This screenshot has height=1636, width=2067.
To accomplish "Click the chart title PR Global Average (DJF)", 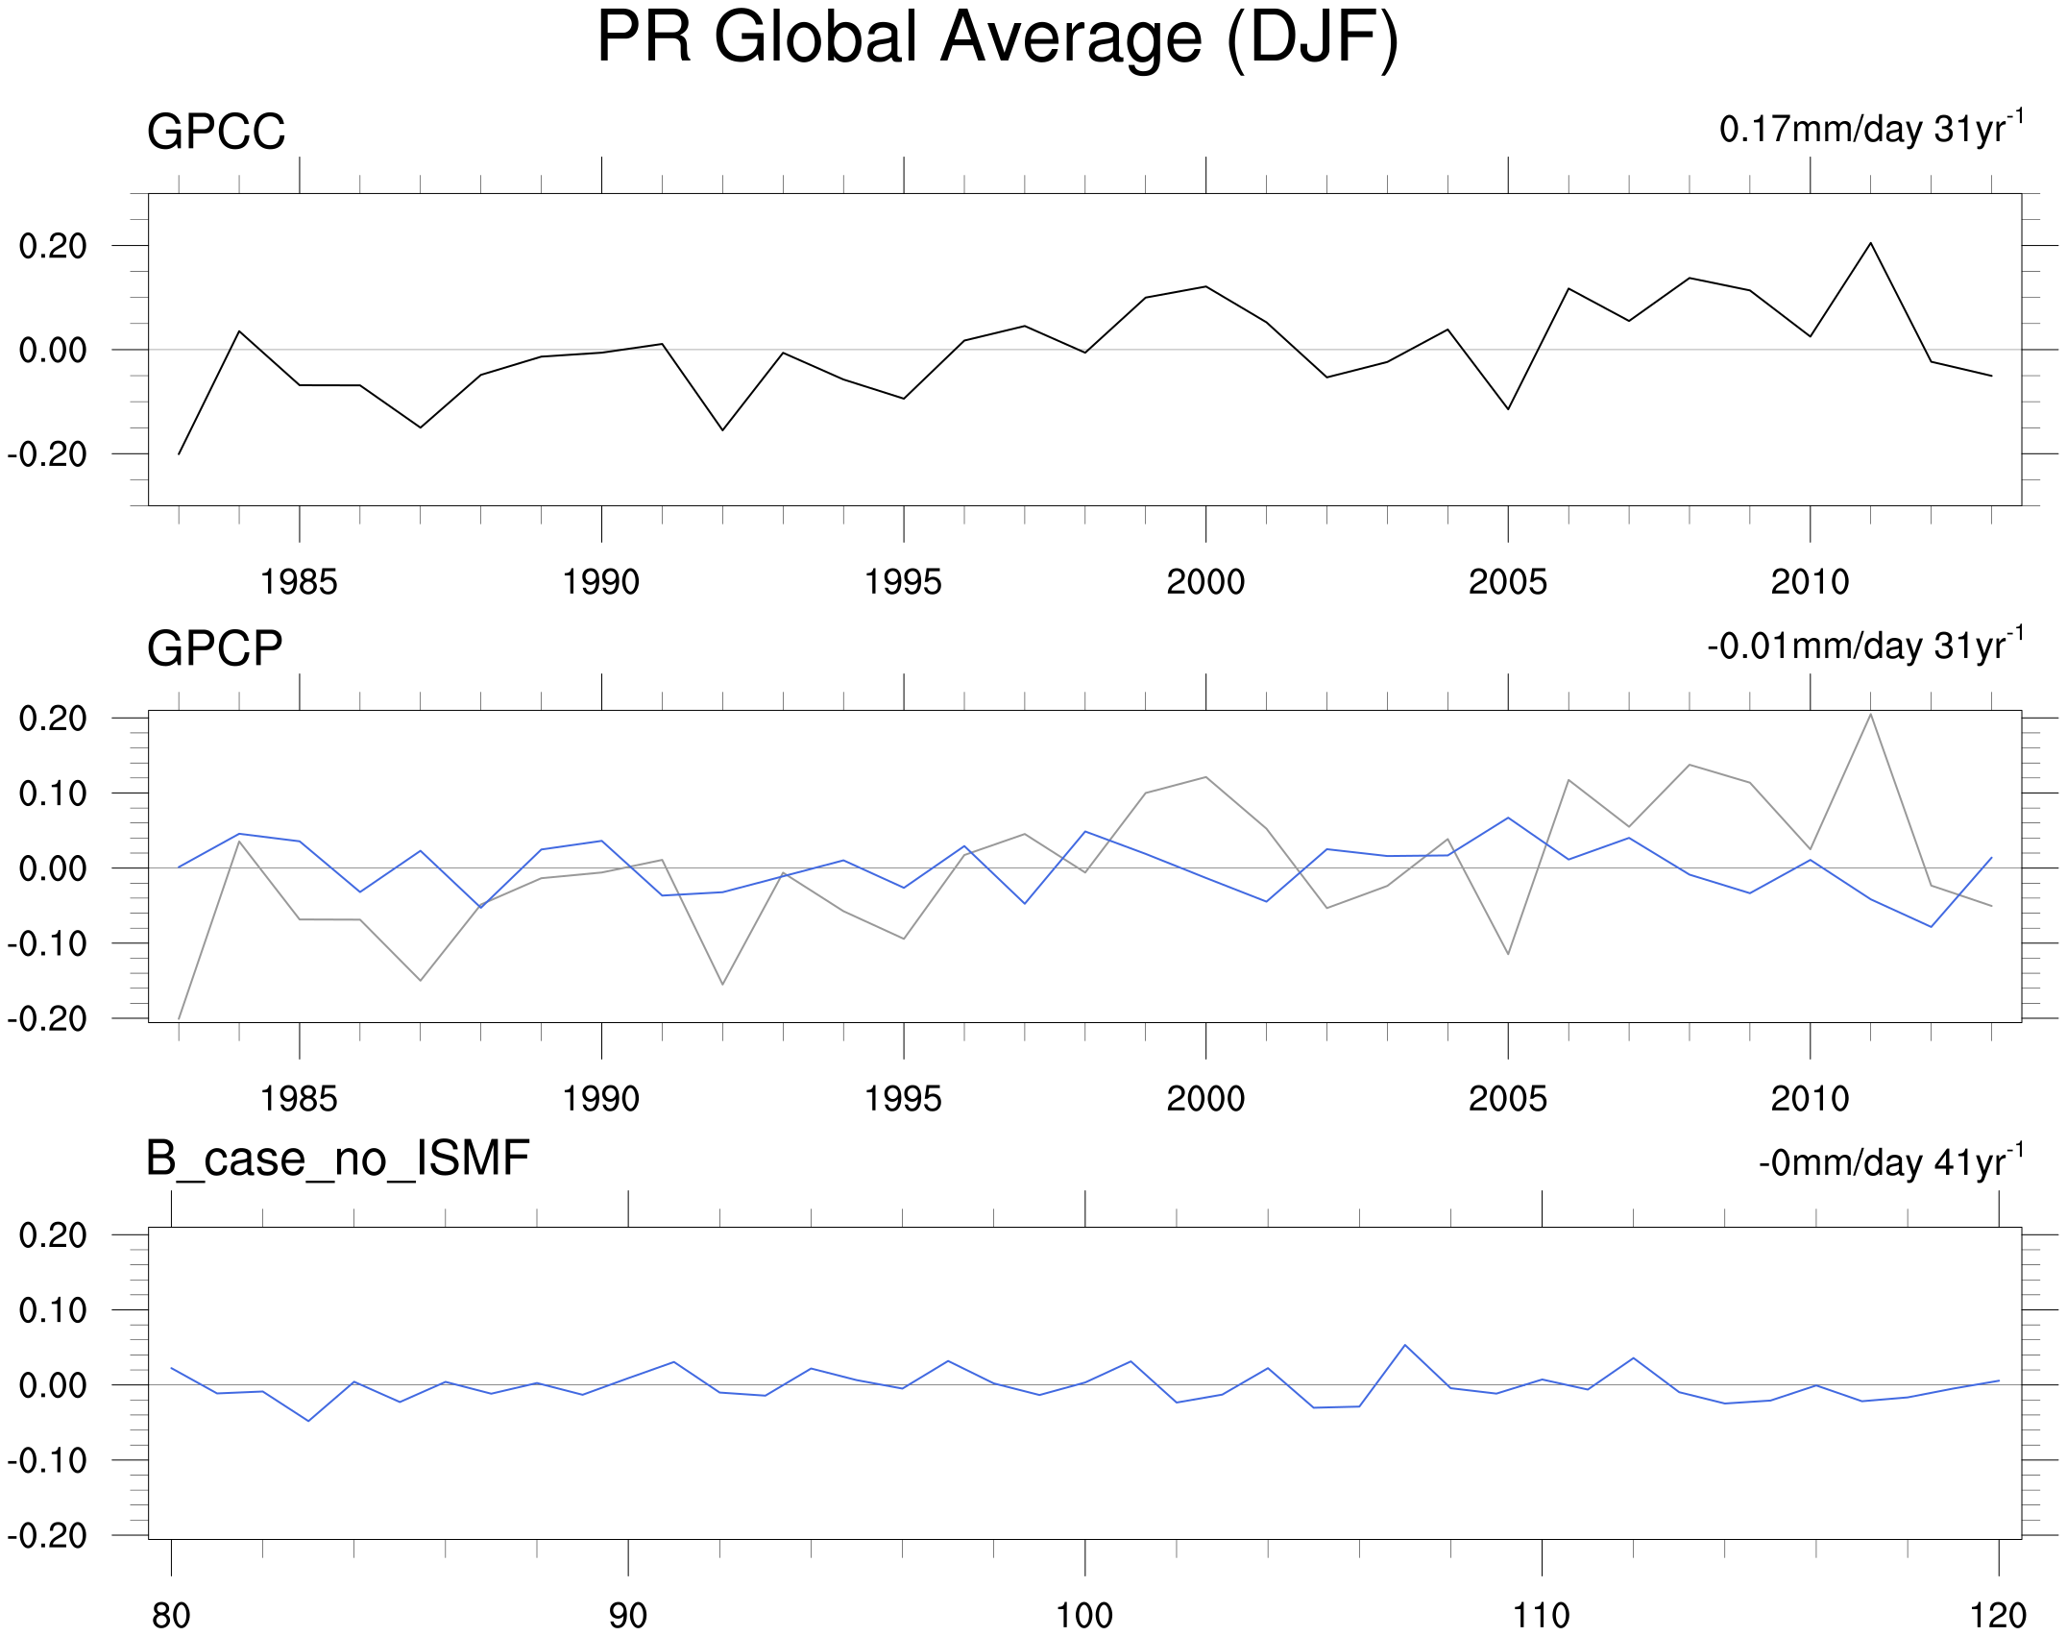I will (997, 38).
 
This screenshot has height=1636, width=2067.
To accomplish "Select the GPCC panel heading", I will (216, 132).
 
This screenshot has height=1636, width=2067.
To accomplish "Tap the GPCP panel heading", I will (214, 648).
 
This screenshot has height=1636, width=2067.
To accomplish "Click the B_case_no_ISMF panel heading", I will (337, 1158).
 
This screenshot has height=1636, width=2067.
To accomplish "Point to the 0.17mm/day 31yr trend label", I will (1871, 129).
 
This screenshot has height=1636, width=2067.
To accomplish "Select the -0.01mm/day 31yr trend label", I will (1864, 646).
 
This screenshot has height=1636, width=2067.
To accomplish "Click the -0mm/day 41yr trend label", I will (1890, 1162).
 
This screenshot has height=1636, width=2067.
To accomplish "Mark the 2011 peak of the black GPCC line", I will (1870, 243).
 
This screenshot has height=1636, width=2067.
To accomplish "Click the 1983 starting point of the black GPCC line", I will (180, 453).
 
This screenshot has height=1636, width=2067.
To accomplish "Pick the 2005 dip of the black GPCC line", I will (1508, 409).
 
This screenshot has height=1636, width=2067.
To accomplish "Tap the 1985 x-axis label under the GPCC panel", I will (299, 582).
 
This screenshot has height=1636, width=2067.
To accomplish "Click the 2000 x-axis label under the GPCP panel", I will (1205, 1099).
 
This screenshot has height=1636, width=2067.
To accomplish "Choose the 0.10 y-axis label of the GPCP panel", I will (53, 794).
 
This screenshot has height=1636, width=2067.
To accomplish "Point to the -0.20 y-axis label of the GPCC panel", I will (47, 454).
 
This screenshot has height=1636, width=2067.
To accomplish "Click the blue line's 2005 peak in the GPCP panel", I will (1508, 818).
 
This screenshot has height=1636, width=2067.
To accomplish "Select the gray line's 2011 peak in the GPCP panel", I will (1870, 714).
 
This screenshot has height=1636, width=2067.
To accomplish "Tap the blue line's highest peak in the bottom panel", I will (1405, 1345).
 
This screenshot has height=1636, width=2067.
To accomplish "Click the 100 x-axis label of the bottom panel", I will (1084, 1616).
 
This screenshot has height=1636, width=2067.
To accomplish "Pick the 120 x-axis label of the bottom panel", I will (1998, 1616).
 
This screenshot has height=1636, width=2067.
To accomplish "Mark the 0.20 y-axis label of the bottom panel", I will (53, 1235).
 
